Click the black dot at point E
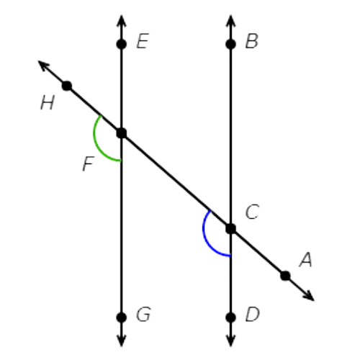click(x=122, y=44)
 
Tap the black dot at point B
click(x=230, y=44)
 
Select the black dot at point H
click(x=67, y=86)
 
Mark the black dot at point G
click(x=122, y=318)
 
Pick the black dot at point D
click(x=230, y=318)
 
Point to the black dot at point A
click(x=285, y=276)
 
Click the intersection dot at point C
click(x=230, y=229)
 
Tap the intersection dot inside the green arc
click(x=122, y=133)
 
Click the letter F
click(x=89, y=164)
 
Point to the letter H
click(x=48, y=103)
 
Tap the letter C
click(x=252, y=212)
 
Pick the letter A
click(x=306, y=260)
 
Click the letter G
click(x=143, y=314)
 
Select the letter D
click(x=252, y=314)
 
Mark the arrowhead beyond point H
click(x=44, y=66)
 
